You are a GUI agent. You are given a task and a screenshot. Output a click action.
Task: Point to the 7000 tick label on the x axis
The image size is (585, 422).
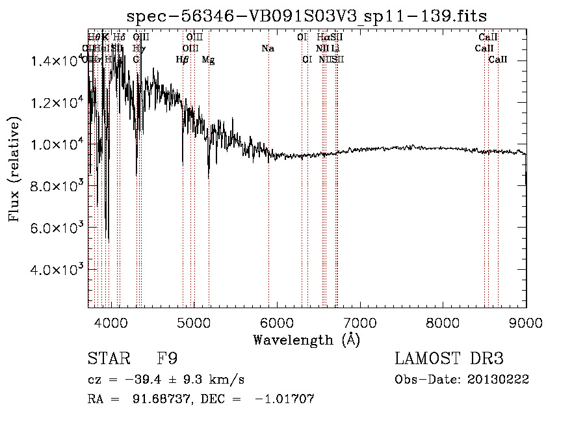pyautogui.click(x=360, y=321)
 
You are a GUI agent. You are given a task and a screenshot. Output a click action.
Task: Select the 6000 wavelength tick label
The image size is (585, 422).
pyautogui.click(x=277, y=321)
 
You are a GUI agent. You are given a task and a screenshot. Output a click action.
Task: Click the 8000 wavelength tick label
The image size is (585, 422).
pyautogui.click(x=443, y=321)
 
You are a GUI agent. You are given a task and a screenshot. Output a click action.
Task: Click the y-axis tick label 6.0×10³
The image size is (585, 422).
pyautogui.click(x=59, y=228)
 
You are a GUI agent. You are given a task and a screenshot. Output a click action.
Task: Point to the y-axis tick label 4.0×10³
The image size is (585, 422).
pyautogui.click(x=59, y=269)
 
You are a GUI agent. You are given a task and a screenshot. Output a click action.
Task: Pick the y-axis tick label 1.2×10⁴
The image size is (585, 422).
pyautogui.click(x=59, y=103)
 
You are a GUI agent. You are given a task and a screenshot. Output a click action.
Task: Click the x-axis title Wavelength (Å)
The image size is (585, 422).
pyautogui.click(x=306, y=339)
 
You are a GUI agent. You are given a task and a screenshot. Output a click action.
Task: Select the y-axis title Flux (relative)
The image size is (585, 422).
pyautogui.click(x=14, y=169)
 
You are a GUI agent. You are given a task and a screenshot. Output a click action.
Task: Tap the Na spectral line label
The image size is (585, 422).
pyautogui.click(x=268, y=49)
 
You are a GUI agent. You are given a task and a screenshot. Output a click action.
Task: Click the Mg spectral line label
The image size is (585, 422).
pyautogui.click(x=208, y=60)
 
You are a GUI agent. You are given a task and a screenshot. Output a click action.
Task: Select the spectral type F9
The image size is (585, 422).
pyautogui.click(x=168, y=359)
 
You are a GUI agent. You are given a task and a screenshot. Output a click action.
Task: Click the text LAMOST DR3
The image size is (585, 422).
pyautogui.click(x=449, y=359)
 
